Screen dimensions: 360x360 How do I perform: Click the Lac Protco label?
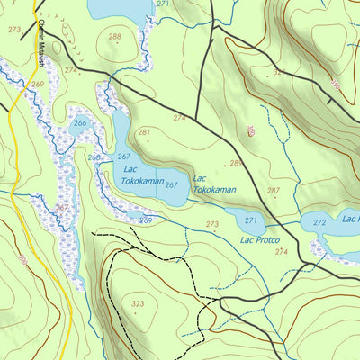(x=260, y=240)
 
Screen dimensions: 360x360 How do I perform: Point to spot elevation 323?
(x=137, y=304)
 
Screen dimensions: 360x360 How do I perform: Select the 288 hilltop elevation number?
(x=114, y=37)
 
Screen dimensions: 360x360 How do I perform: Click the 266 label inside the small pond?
(x=80, y=124)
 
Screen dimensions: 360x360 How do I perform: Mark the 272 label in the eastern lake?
(x=319, y=222)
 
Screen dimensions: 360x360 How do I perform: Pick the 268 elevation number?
(x=94, y=157)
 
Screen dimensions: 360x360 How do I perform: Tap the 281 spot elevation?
(x=143, y=132)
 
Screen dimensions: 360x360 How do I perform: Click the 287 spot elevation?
(x=274, y=191)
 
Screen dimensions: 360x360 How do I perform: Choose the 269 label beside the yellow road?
(x=38, y=84)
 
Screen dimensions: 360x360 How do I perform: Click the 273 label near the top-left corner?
(x=13, y=30)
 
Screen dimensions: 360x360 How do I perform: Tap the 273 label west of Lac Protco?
(x=212, y=224)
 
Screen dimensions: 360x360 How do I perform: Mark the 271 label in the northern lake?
(x=162, y=4)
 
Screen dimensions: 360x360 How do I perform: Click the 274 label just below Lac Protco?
(x=282, y=252)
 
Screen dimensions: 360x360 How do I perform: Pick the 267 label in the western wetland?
(x=61, y=207)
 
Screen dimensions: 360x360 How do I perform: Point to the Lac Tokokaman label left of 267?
(x=141, y=175)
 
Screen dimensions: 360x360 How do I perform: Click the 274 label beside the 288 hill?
(x=71, y=69)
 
